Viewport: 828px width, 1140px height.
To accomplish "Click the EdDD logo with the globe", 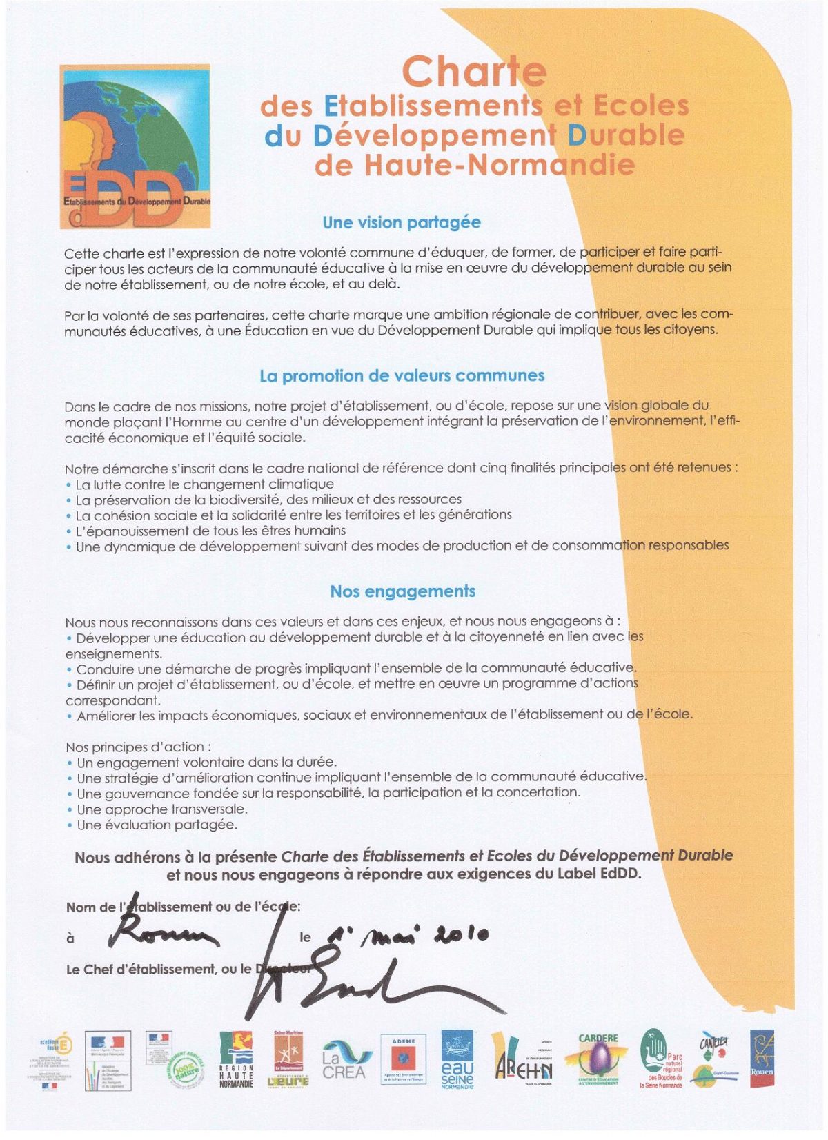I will coord(135,146).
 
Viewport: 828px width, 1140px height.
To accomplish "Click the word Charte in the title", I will coord(474,71).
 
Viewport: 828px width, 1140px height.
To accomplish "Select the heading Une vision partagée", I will coord(402,222).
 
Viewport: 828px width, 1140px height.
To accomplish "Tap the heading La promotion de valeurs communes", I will coord(402,376).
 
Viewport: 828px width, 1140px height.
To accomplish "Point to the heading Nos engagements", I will coord(402,591).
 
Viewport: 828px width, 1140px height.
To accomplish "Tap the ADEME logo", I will coord(403,1059).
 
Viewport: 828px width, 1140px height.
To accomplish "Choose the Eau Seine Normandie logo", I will coord(457,1060).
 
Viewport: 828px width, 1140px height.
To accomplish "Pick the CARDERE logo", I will coord(598,1060).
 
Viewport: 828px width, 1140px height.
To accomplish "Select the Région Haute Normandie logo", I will coord(236,1060).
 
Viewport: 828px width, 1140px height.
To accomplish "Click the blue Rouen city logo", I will coord(761,1058).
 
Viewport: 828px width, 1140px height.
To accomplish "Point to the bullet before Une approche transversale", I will coord(70,810).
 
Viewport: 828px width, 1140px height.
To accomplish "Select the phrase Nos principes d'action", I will coord(138,747).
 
